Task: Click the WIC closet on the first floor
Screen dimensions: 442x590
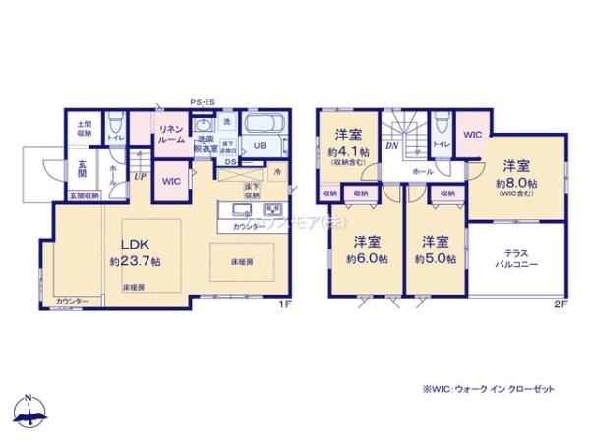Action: coord(171,182)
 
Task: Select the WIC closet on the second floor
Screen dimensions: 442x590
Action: coord(473,135)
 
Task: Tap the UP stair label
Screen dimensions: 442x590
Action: coord(141,178)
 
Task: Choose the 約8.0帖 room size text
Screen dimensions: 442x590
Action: coord(515,184)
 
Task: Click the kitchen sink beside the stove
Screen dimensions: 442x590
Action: coord(242,211)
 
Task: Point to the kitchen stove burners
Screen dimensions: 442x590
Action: coord(272,211)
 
